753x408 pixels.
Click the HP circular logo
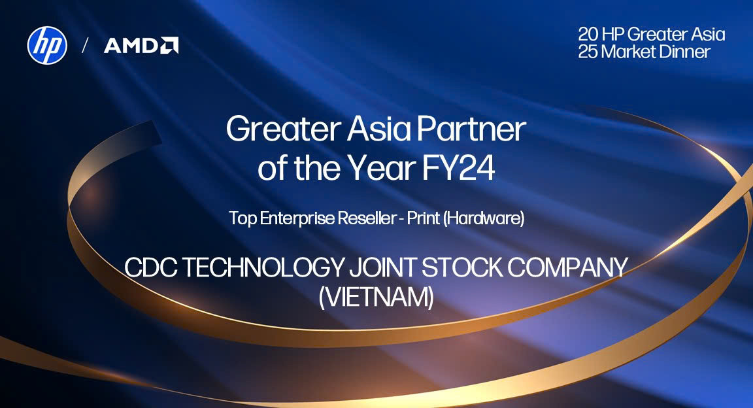[x=47, y=45]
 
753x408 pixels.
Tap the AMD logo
[x=141, y=46]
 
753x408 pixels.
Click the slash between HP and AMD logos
[x=86, y=46]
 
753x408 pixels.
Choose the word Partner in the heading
[x=471, y=129]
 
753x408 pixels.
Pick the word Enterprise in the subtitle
[x=297, y=218]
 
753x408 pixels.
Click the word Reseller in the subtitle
[x=367, y=218]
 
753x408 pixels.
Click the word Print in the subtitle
[x=424, y=218]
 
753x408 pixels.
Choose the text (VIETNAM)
[x=376, y=297]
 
